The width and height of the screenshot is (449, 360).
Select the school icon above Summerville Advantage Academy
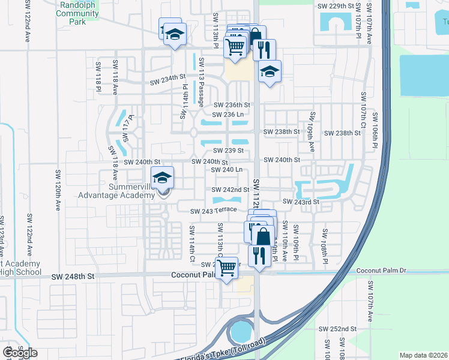[x=161, y=178]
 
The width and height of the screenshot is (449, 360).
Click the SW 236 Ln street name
[x=228, y=114]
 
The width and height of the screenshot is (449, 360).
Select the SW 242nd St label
[x=231, y=190]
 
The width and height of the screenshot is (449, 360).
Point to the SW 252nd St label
[x=337, y=329]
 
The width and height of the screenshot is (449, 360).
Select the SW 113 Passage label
[x=201, y=80]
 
